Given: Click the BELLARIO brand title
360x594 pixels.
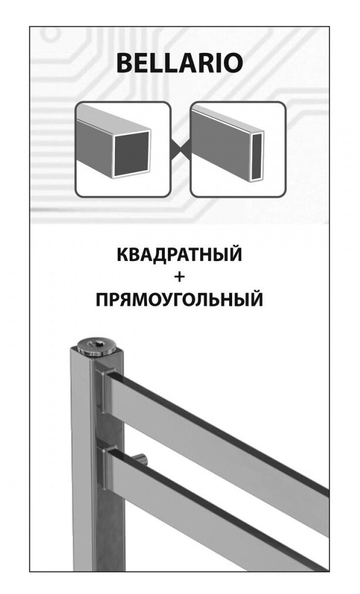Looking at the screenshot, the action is click(x=179, y=63).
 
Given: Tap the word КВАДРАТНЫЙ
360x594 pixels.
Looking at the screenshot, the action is click(x=179, y=256).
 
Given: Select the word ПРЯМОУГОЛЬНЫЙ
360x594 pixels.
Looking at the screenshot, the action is click(x=179, y=300).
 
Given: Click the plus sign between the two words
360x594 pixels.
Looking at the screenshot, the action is click(x=179, y=278).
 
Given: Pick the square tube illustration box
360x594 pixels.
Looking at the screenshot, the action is click(x=123, y=149).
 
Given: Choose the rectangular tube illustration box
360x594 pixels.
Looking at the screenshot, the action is click(x=237, y=149).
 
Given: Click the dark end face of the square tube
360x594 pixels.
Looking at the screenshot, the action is click(x=131, y=152).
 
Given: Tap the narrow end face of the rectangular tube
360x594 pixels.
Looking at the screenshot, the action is click(x=256, y=155).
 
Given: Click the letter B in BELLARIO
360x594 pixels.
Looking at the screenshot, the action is click(x=124, y=63).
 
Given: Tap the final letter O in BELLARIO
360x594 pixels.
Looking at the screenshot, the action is click(x=233, y=63).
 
